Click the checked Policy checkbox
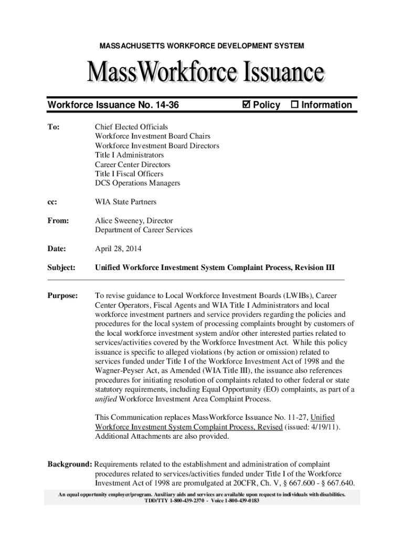click(x=246, y=105)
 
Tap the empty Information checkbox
click(x=294, y=105)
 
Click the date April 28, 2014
click(x=118, y=249)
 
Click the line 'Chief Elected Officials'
click(x=131, y=127)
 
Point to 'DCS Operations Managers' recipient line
click(x=137, y=183)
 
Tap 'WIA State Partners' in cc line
click(x=125, y=202)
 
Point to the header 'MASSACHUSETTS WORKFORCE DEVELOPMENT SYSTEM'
click(x=201, y=47)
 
